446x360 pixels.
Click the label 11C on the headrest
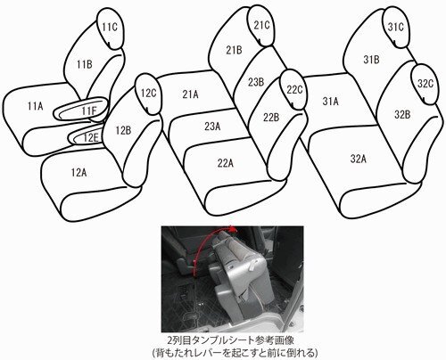(109, 29)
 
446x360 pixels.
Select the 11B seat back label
(85, 64)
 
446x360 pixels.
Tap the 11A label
(35, 106)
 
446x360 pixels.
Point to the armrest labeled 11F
(88, 110)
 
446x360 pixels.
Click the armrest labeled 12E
(91, 138)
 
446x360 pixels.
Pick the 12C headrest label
(148, 93)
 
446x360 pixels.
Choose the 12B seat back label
(123, 130)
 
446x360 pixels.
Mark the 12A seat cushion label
(78, 172)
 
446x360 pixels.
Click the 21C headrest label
(261, 27)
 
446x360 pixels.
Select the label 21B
(234, 51)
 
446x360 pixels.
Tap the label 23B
(256, 83)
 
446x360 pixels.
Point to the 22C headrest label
(294, 90)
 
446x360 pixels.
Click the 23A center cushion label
(211, 127)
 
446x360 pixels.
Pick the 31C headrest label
(396, 27)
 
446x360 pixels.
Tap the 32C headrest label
(425, 84)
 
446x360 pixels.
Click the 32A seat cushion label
(359, 159)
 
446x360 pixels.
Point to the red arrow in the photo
(219, 239)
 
